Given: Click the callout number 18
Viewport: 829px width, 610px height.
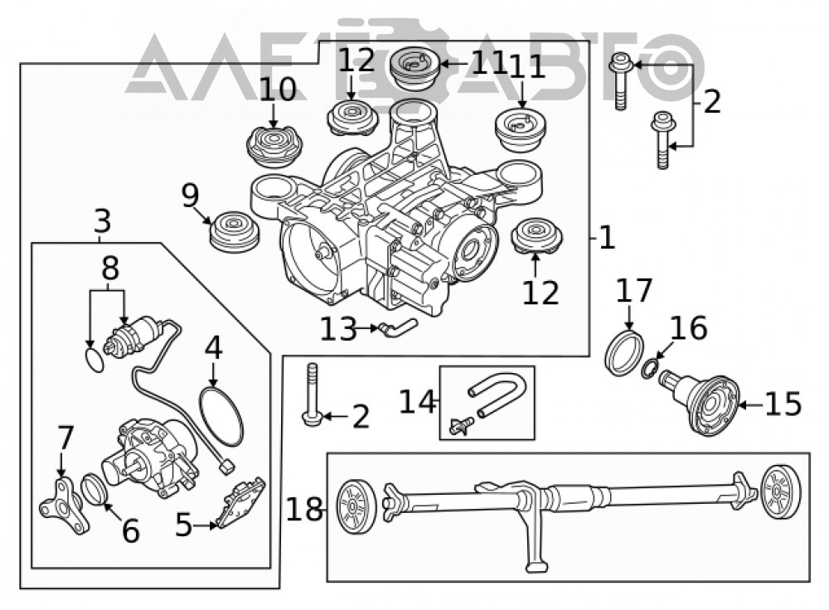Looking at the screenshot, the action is click(x=304, y=510).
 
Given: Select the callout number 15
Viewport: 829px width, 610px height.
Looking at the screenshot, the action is click(x=783, y=404).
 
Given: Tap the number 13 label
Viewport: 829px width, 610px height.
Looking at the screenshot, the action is click(x=339, y=329).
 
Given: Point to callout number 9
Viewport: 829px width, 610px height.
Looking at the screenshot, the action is click(x=191, y=196).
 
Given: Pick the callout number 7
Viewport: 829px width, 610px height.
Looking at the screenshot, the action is click(x=65, y=438).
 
